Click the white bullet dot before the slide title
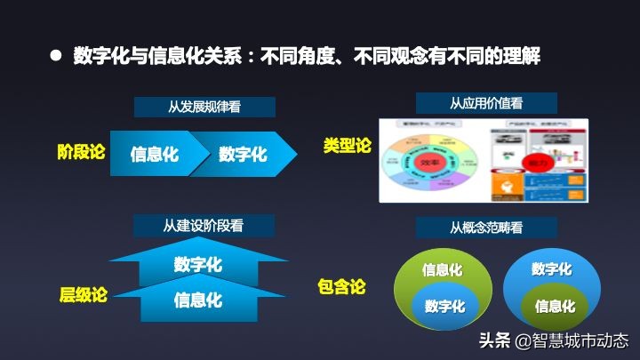tap(55, 56)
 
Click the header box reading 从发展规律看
tap(204, 108)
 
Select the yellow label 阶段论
tap(81, 152)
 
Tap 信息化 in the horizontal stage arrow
tap(155, 154)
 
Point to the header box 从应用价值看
tap(486, 102)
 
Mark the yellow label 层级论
tap(83, 295)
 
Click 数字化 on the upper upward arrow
tap(198, 264)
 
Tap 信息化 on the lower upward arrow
tap(198, 300)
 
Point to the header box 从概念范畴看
tap(486, 228)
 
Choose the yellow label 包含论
tap(341, 287)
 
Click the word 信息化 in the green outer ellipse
tap(442, 269)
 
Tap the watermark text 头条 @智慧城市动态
tap(553, 340)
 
